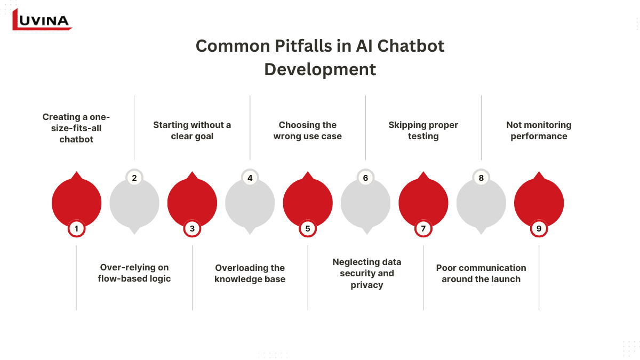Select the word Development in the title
coord(320,69)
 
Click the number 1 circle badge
coord(76,229)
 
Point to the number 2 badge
coord(134,178)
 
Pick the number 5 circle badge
coord(308,229)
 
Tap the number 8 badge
coord(481,178)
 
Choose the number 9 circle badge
coord(539,229)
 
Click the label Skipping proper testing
coord(423,131)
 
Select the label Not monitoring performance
coord(539,131)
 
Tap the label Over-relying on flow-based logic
coord(134,273)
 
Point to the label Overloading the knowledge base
coord(250,274)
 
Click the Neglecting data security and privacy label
coord(367,274)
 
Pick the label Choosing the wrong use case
coord(307,131)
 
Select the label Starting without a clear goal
coord(192,131)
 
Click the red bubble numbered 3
coord(192,202)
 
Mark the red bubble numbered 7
coord(423,202)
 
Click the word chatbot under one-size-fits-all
coord(76,139)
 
